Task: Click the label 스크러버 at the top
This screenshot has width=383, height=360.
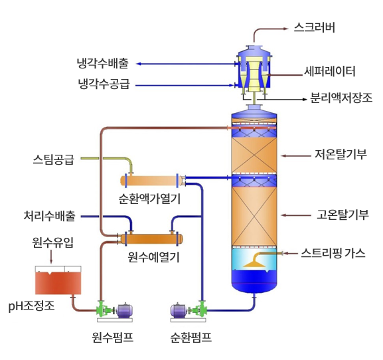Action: [x=314, y=27]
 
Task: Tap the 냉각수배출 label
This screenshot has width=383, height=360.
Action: [x=103, y=64]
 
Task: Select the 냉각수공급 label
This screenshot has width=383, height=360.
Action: [x=104, y=84]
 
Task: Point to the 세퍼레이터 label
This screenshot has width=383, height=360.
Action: [x=329, y=71]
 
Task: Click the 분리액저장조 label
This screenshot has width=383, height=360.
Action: [x=341, y=98]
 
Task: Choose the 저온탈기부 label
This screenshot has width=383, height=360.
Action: [x=341, y=154]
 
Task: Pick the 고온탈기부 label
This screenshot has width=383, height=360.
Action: [x=343, y=215]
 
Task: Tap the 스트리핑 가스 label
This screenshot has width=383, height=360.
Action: [x=333, y=253]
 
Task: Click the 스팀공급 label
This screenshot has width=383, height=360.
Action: [x=54, y=159]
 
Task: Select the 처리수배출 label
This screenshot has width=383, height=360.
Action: [x=49, y=216]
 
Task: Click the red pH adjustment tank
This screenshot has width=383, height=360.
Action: [x=58, y=283]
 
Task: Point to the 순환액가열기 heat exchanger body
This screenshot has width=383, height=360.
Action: [x=151, y=181]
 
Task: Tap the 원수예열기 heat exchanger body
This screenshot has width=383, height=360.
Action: [x=151, y=239]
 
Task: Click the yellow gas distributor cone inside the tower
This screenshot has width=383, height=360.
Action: [x=256, y=264]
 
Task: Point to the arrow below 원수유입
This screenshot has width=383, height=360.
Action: [x=51, y=256]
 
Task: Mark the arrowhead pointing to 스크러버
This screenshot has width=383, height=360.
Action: [x=286, y=29]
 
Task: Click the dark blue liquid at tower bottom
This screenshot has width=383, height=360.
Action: [x=254, y=278]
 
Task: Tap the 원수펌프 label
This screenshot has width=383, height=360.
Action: [x=113, y=337]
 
